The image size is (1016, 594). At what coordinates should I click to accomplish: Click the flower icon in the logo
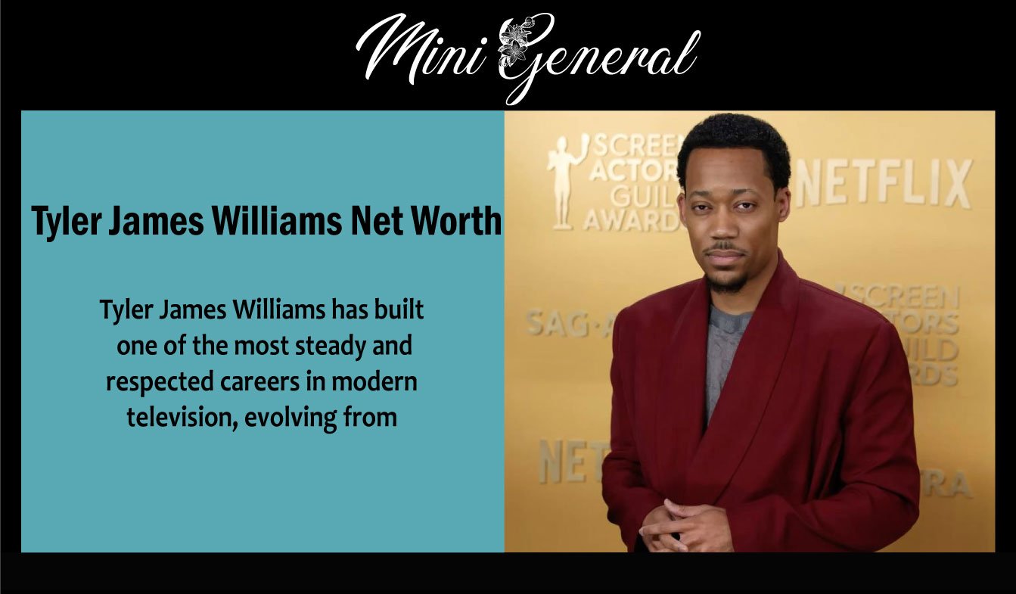pos(514,45)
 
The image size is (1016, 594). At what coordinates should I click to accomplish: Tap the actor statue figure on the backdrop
pos(564,181)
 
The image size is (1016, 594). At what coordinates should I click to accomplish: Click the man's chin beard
pos(726,283)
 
